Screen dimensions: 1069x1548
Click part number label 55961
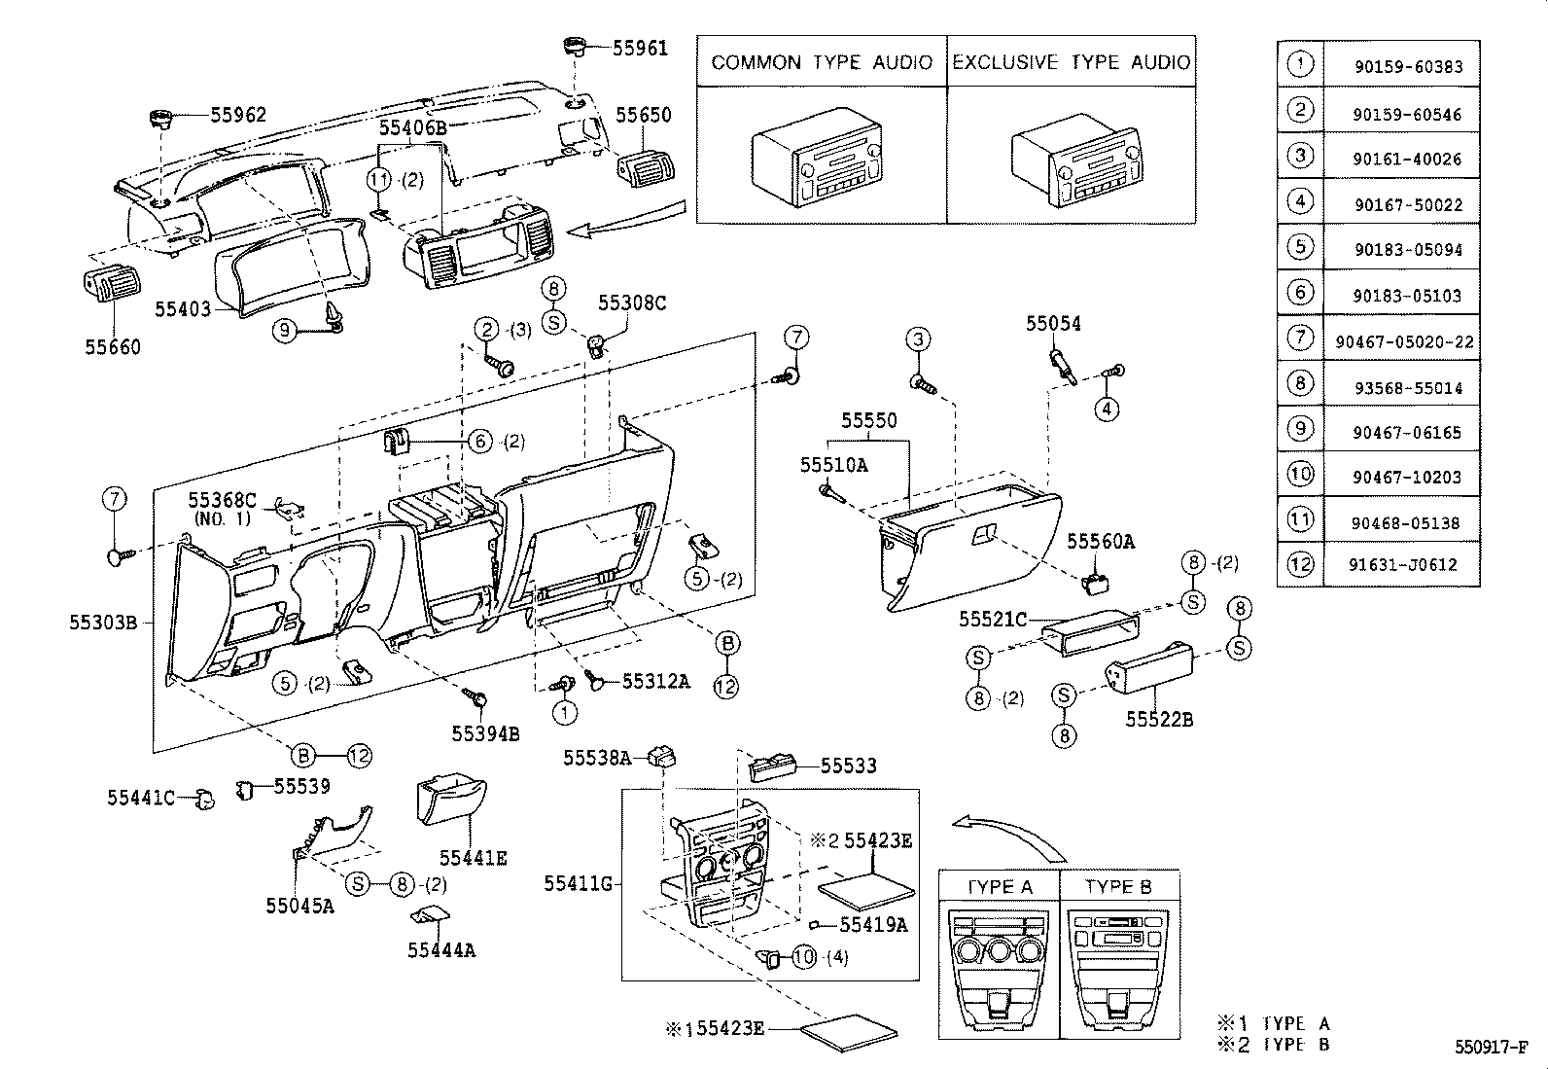640,48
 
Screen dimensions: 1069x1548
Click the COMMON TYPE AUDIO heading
822,62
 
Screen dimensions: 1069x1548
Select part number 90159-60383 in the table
1407,67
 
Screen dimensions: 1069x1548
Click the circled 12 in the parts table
1300,564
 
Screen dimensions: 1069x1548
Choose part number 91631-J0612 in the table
1402,564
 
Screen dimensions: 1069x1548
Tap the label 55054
1053,324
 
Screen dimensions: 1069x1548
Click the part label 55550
868,421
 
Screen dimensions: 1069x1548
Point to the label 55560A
1101,541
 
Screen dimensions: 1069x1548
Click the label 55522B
1159,720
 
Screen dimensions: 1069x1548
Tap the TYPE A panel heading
1000,886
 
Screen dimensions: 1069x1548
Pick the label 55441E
473,858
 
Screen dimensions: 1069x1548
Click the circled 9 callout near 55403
284,331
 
